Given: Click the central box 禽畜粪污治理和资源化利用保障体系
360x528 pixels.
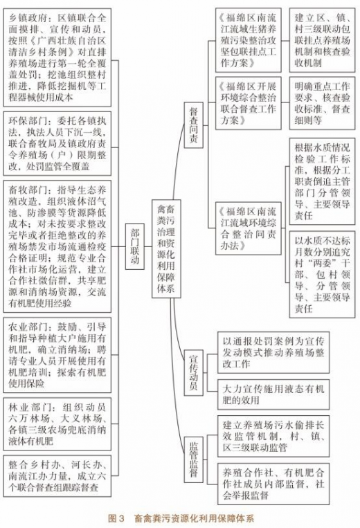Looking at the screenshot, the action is (x=166, y=248).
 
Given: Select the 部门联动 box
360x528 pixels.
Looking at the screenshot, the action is (x=135, y=246).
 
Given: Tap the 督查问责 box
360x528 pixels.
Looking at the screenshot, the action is (x=193, y=125).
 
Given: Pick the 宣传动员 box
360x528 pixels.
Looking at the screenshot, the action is (x=193, y=372).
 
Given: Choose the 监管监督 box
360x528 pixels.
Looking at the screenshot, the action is (x=193, y=459).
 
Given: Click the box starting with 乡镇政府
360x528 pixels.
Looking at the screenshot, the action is (x=57, y=57).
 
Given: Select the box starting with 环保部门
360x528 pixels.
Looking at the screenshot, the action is (x=57, y=144).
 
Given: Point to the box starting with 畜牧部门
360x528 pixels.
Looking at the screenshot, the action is (x=57, y=246).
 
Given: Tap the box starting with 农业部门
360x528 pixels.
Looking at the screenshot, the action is (x=57, y=355).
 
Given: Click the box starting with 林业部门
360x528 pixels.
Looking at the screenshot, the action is (x=57, y=424).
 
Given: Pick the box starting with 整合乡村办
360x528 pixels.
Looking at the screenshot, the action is (x=57, y=476).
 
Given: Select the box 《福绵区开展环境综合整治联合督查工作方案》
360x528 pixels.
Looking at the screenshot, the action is (x=249, y=103).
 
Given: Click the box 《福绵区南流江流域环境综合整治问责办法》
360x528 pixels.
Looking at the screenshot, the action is (x=249, y=228).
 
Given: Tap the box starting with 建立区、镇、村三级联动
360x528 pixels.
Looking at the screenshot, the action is (x=323, y=40).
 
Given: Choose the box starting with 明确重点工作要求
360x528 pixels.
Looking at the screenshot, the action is (x=323, y=103).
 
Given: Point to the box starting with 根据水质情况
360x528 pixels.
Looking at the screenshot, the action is (x=323, y=181).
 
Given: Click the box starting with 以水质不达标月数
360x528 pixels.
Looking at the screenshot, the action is (x=323, y=274).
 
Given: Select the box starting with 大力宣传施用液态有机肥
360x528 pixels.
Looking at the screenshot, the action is (x=273, y=394).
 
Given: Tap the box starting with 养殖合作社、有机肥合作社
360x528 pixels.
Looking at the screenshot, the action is (x=273, y=484).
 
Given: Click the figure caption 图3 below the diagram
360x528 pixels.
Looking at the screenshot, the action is (x=181, y=518).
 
